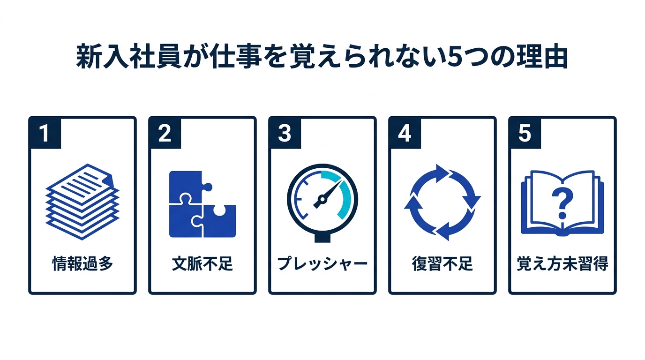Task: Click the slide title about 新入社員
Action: point(322,56)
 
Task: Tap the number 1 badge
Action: point(45,133)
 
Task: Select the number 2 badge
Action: point(165,133)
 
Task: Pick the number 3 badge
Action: point(285,133)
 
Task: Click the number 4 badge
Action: point(405,133)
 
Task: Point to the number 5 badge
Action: point(525,133)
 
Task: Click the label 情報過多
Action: point(82,263)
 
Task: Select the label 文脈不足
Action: point(202,263)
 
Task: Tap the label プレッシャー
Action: point(322,263)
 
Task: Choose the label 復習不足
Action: point(442,263)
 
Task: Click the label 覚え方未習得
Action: point(562,263)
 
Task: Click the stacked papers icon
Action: point(82,202)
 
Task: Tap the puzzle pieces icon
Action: point(202,204)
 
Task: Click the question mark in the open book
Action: point(562,203)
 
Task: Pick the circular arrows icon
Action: point(442,202)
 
